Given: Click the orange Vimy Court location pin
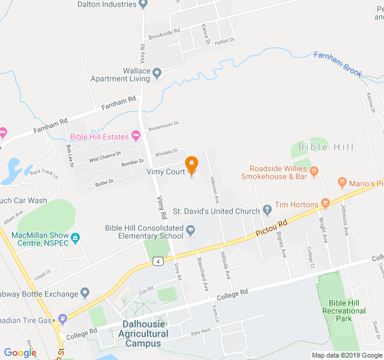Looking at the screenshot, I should pyautogui.click(x=191, y=165).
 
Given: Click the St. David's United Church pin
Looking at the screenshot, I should pyautogui.click(x=267, y=211).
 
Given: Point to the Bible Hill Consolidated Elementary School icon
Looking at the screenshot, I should pyautogui.click(x=190, y=229).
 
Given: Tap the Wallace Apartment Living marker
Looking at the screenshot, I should pyautogui.click(x=157, y=74).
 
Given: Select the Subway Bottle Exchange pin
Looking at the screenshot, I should pyautogui.click(x=85, y=293).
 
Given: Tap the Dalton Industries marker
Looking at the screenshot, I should pyautogui.click(x=143, y=4).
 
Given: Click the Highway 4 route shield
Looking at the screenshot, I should pyautogui.click(x=157, y=261).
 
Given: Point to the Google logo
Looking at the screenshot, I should pyautogui.click(x=20, y=353).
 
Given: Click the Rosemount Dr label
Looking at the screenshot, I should pyautogui.click(x=164, y=124).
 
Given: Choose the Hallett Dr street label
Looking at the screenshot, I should pyautogui.click(x=224, y=40).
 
